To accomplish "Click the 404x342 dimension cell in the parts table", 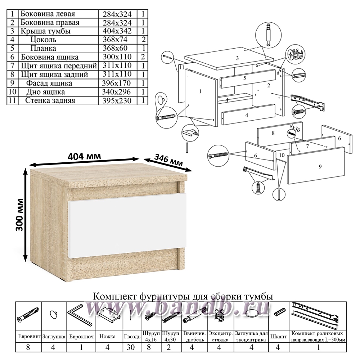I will click(118, 31).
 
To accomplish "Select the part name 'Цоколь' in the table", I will click(43, 40).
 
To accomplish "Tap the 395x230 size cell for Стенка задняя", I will click(118, 100).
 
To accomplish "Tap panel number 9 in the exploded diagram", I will click(316, 167).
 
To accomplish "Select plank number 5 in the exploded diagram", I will click(244, 78).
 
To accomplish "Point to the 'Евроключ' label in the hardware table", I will click(81, 337).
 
